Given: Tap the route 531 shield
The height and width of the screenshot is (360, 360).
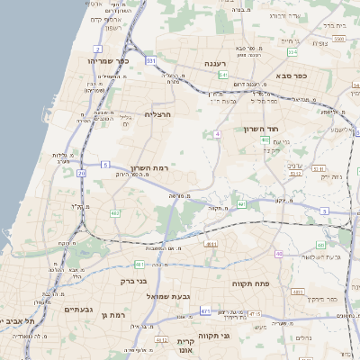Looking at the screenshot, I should click(x=150, y=60).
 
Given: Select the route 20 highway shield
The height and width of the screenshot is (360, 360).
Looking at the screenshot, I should click(x=81, y=173).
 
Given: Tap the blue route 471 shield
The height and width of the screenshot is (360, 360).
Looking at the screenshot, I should click(x=205, y=310).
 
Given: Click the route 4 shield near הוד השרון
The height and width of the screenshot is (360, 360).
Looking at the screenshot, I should click(x=217, y=134).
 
